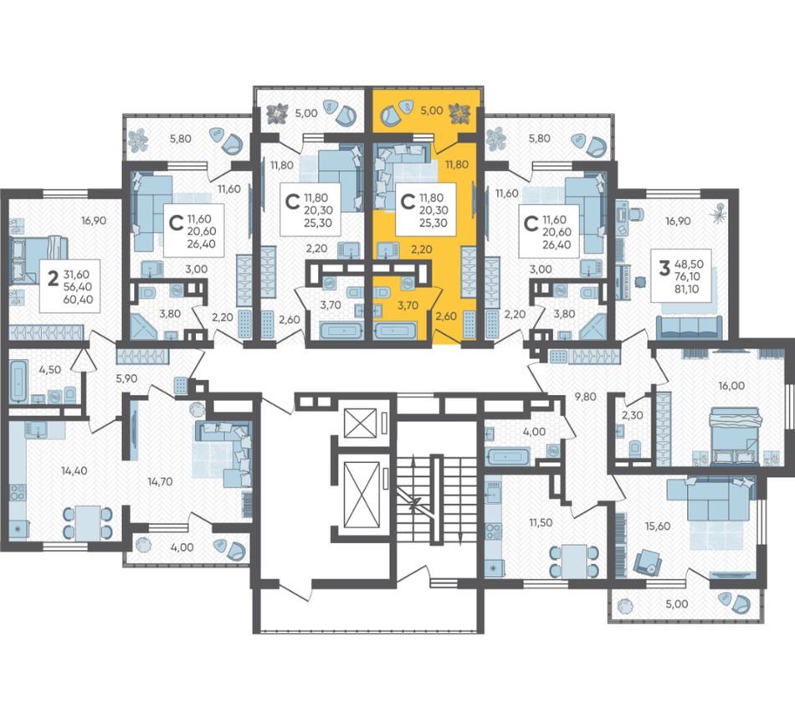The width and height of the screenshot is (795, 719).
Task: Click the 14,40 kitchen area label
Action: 74,470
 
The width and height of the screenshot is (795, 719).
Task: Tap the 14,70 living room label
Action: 159,481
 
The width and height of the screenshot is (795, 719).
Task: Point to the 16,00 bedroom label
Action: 731,386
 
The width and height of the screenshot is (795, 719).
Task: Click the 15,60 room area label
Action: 657,526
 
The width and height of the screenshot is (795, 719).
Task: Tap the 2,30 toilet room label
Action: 633,415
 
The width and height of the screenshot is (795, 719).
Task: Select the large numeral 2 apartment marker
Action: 52,279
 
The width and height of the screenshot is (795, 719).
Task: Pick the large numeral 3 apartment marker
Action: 664,267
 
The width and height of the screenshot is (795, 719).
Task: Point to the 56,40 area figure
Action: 79,286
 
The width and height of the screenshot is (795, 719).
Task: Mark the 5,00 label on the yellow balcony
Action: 432,110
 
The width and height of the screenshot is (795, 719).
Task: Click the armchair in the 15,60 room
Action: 649,562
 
